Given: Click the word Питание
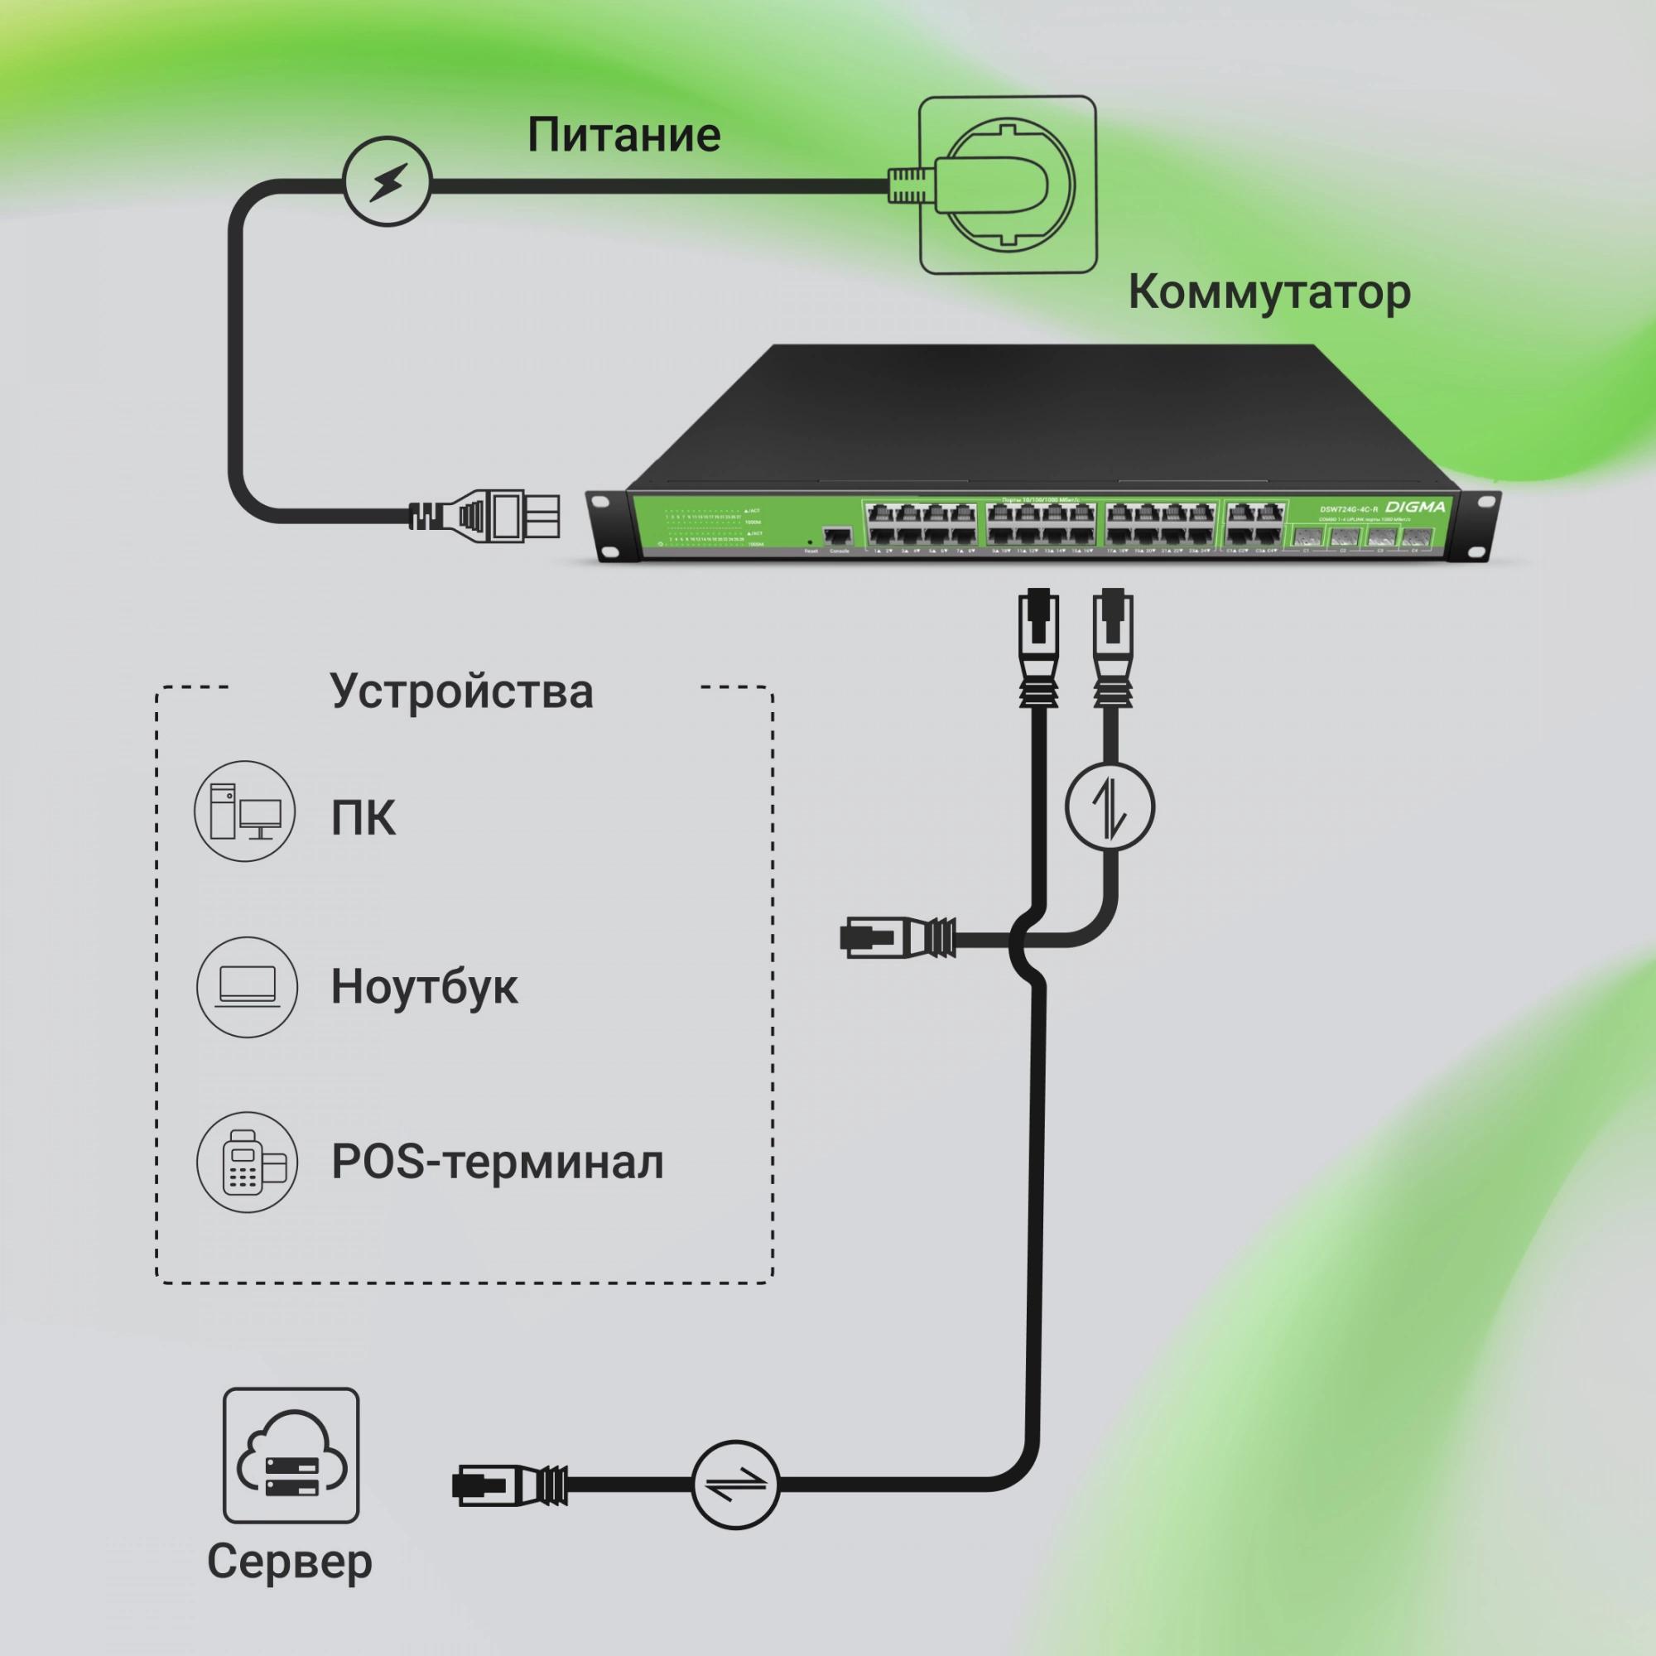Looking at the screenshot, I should click(623, 136).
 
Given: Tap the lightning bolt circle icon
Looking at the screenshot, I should click(387, 181).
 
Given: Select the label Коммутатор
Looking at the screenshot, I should click(1268, 292).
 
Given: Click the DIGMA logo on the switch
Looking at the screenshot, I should click(1415, 508).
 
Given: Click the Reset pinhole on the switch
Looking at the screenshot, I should click(810, 542).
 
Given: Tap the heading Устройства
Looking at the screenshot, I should click(461, 691).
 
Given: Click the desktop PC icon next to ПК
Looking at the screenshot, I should click(246, 811).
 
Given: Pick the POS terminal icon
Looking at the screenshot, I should click(247, 1163).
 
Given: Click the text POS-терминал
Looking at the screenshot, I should click(497, 1163).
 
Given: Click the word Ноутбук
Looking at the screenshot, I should click(424, 987).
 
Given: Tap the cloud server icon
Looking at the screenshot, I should click(291, 1455).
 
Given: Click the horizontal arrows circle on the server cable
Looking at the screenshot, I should click(736, 1485).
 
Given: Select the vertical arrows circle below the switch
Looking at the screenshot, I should click(1110, 806).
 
